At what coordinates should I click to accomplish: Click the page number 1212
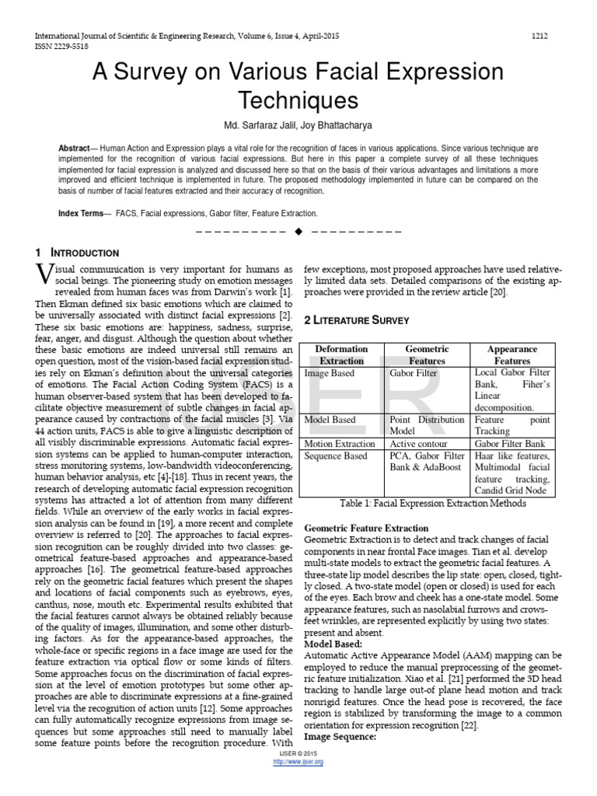pyautogui.click(x=539, y=36)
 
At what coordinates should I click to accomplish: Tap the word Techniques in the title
pyautogui.click(x=298, y=101)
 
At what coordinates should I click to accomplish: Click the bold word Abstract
pyautogui.click(x=75, y=148)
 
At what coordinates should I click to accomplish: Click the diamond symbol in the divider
pyautogui.click(x=298, y=232)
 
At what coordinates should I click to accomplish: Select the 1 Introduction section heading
pyautogui.click(x=77, y=253)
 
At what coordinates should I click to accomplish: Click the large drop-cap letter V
pyautogui.click(x=45, y=276)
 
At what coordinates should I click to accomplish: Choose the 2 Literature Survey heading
pyautogui.click(x=356, y=320)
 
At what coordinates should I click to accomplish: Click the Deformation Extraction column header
pyautogui.click(x=341, y=355)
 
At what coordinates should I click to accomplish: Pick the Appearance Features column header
pyautogui.click(x=512, y=355)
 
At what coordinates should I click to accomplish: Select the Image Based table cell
pyautogui.click(x=330, y=373)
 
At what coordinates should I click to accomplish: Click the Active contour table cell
pyautogui.click(x=418, y=443)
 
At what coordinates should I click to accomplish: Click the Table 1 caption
pyautogui.click(x=433, y=503)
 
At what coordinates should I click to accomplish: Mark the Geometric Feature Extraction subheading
pyautogui.click(x=365, y=528)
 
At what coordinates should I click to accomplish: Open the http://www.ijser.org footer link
pyautogui.click(x=298, y=762)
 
